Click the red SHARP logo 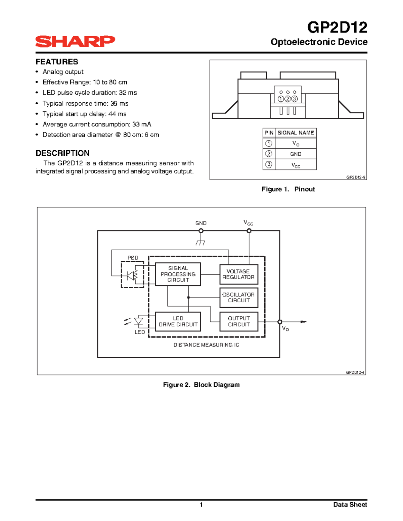pyautogui.click(x=75, y=41)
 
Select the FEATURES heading pyautogui.click(x=57, y=62)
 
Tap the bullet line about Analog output pyautogui.click(x=63, y=72)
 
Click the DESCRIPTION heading pyautogui.click(x=62, y=153)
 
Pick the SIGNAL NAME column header pyautogui.click(x=296, y=133)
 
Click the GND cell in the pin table pyautogui.click(x=296, y=154)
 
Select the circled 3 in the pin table pyautogui.click(x=269, y=164)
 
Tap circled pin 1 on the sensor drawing pyautogui.click(x=281, y=99)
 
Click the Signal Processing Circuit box pyautogui.click(x=178, y=274)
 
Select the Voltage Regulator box pyautogui.click(x=239, y=274)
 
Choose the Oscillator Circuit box pyautogui.click(x=239, y=298)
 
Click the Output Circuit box pyautogui.click(x=239, y=321)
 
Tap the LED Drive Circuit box pyautogui.click(x=178, y=321)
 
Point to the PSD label pyautogui.click(x=133, y=258)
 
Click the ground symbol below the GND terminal pyautogui.click(x=200, y=243)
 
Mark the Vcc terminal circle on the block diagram pyautogui.click(x=249, y=231)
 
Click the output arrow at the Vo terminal pyautogui.click(x=303, y=322)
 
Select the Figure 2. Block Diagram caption pyautogui.click(x=201, y=385)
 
